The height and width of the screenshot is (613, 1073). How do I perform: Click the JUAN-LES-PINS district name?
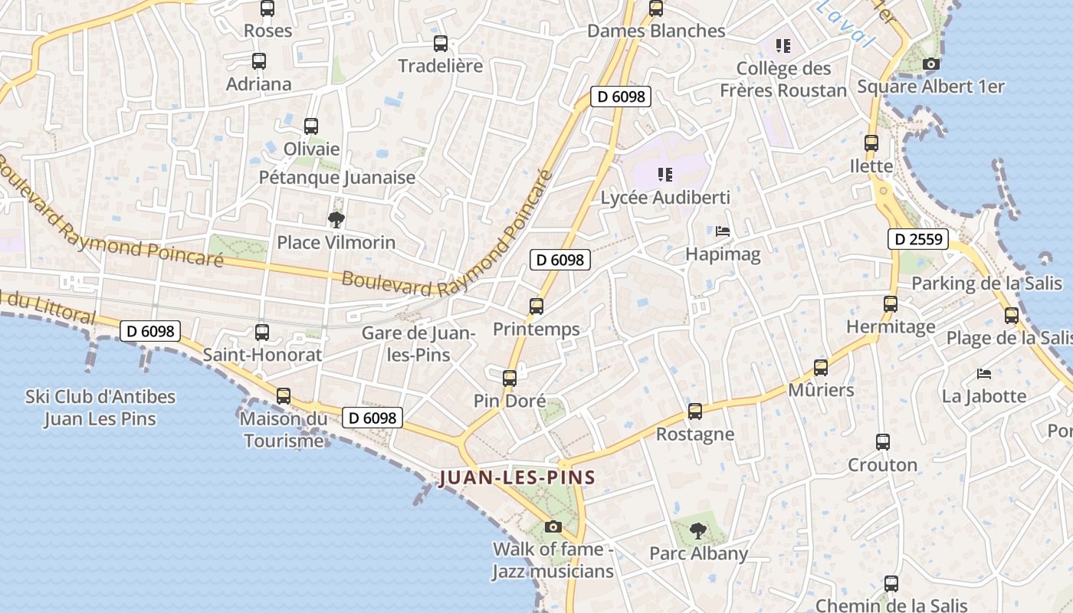(x=517, y=478)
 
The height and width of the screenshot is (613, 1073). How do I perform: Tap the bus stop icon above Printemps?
(x=536, y=306)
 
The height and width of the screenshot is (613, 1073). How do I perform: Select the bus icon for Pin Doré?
(x=510, y=378)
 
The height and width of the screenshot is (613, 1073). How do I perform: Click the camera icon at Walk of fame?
(x=553, y=526)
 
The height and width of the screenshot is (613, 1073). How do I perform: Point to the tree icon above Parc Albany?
(x=697, y=530)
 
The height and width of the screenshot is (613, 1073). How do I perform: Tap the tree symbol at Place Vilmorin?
(x=336, y=221)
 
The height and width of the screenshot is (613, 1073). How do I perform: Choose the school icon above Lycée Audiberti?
(x=664, y=175)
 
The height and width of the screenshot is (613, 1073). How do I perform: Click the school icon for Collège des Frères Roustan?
(x=783, y=46)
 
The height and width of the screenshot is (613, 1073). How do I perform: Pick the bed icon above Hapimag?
(x=722, y=231)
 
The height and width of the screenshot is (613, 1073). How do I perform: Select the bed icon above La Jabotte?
(x=984, y=374)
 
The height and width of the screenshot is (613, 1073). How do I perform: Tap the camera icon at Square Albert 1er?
(x=930, y=64)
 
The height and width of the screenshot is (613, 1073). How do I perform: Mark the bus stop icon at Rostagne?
(x=695, y=411)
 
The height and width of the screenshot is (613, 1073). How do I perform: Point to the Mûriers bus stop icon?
(x=821, y=368)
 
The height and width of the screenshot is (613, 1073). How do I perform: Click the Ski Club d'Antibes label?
(x=100, y=408)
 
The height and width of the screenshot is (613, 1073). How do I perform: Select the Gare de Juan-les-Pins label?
(x=419, y=344)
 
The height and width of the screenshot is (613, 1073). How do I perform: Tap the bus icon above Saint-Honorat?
(x=262, y=333)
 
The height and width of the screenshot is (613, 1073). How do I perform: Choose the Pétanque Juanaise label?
(x=337, y=178)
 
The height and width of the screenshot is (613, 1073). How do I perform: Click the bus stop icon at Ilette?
(x=871, y=143)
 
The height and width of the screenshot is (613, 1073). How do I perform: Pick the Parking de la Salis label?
(x=987, y=284)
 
